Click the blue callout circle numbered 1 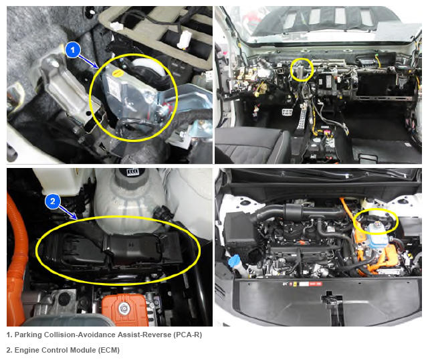tap(73, 50)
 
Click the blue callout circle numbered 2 tap(52, 201)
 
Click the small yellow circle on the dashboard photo tap(302, 70)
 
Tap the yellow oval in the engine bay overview tap(376, 221)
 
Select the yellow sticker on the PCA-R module tap(117, 73)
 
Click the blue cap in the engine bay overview tap(235, 260)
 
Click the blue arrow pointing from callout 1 tap(88, 62)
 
